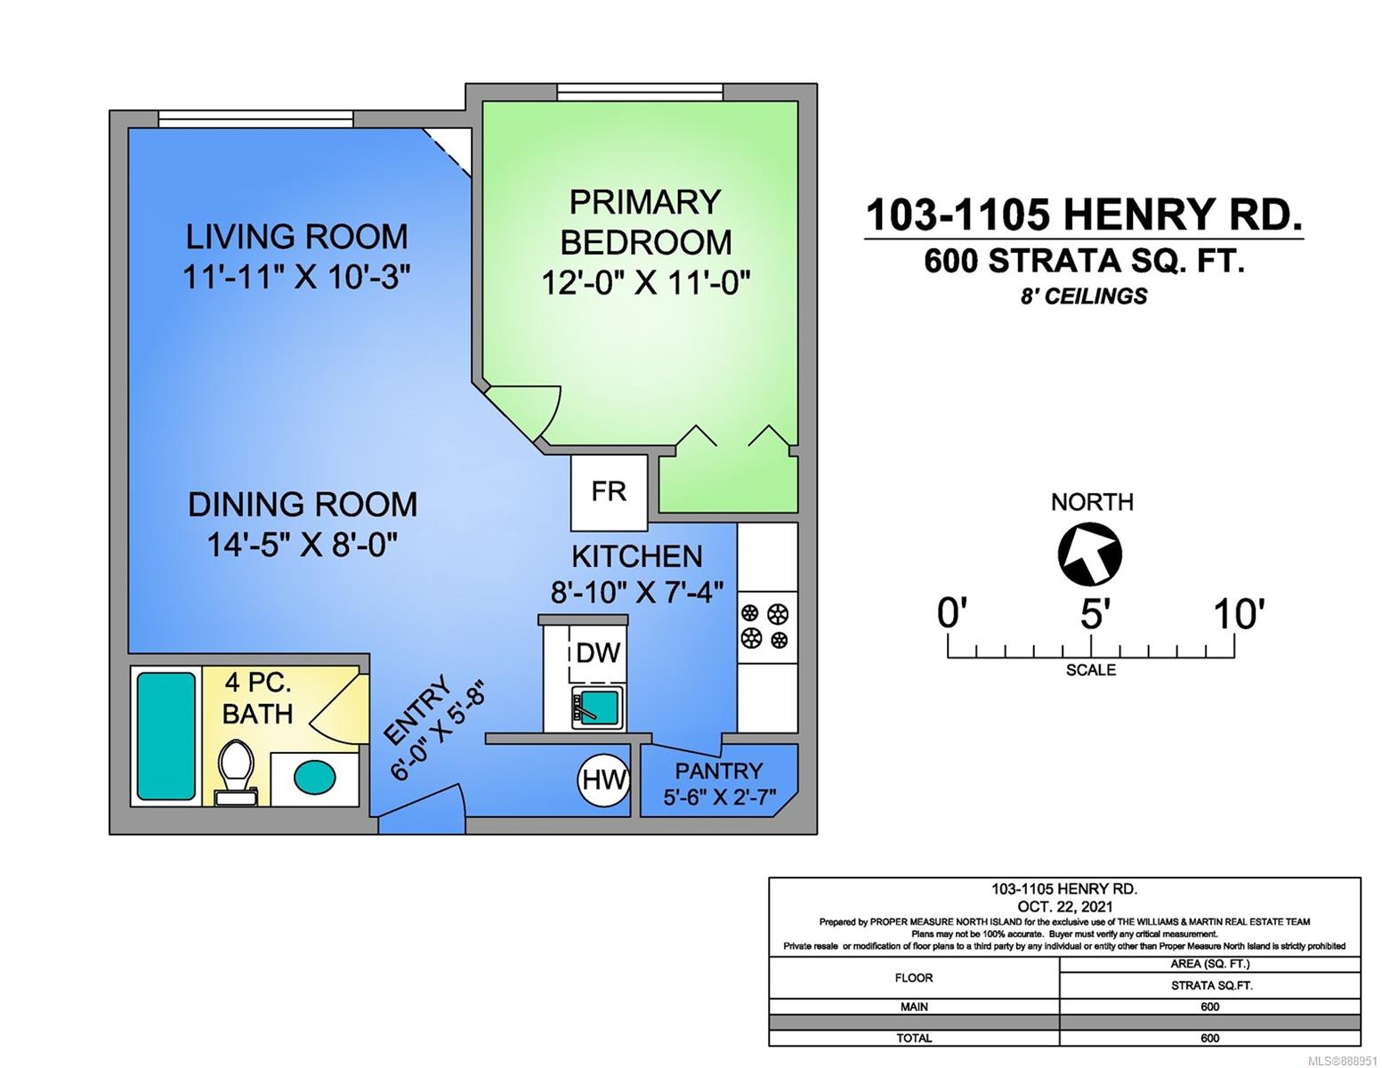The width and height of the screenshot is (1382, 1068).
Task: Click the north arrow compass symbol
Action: click(1089, 554)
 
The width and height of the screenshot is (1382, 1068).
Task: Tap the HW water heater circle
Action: click(603, 780)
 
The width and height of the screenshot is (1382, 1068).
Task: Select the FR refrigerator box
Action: click(609, 492)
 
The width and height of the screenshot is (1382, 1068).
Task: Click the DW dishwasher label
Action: click(598, 652)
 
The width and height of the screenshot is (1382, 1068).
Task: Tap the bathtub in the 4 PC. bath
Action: click(166, 736)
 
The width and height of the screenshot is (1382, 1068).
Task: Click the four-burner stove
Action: click(767, 627)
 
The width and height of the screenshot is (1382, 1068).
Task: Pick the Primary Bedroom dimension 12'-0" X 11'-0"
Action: click(645, 283)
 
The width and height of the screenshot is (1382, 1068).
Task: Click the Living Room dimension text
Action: click(296, 277)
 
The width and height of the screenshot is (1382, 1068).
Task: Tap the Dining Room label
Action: click(303, 505)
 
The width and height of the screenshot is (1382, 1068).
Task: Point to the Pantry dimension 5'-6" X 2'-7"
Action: click(720, 797)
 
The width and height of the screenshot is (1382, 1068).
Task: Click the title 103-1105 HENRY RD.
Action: click(1084, 214)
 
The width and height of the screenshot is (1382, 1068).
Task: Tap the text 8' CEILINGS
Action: click(1084, 295)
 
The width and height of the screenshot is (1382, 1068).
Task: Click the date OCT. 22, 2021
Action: click(1064, 906)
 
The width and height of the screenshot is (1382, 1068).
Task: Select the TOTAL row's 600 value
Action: click(1209, 1038)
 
